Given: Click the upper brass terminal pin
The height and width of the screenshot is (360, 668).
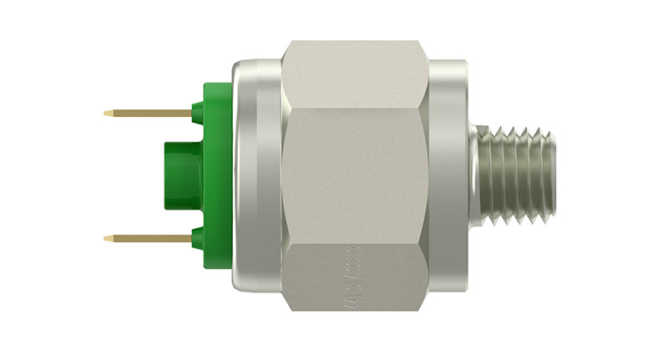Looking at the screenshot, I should [x=150, y=113].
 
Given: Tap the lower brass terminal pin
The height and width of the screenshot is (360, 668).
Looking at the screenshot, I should [x=150, y=239].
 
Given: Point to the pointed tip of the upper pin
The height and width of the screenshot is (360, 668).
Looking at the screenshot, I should [x=106, y=113].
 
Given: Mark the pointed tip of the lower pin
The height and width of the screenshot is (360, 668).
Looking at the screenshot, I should [x=106, y=239].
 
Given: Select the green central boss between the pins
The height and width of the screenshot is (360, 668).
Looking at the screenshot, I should [x=180, y=176].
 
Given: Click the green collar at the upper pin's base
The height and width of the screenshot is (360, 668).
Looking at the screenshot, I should [x=198, y=114].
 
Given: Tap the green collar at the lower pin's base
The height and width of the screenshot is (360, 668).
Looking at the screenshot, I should [x=198, y=239].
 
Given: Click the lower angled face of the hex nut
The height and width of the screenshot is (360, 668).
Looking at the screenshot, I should [x=355, y=280].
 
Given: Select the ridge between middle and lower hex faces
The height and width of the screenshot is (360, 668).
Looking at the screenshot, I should [x=355, y=245].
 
